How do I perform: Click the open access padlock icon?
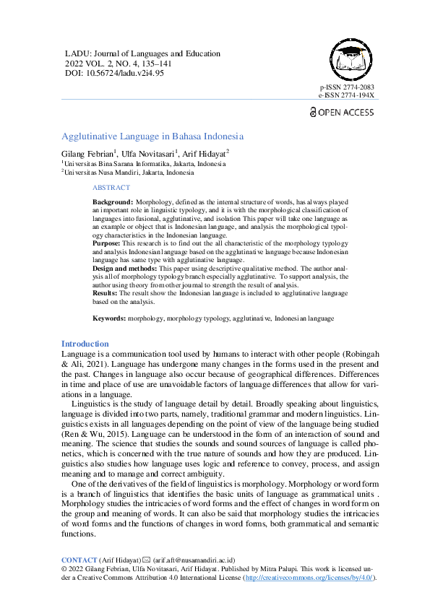tap(313, 112)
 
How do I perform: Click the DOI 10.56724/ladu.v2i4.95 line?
tap(114, 73)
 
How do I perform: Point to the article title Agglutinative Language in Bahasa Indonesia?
tap(152, 136)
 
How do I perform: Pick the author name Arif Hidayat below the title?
tap(204, 154)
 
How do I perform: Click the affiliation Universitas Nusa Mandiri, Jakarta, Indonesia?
tap(129, 173)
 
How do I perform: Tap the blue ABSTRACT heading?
tap(111, 188)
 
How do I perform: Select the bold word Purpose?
tap(108, 244)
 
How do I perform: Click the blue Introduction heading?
tap(85, 344)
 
